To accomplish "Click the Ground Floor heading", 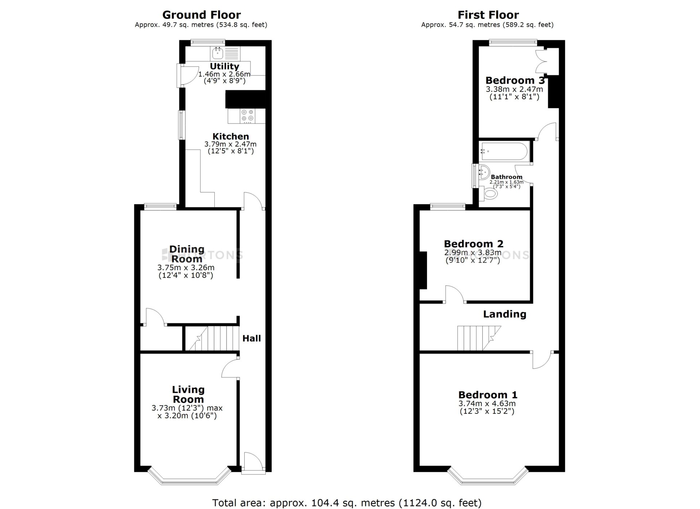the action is tap(201, 15).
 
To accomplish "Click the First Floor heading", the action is tap(488, 15).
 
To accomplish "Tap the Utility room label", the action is tap(224, 66).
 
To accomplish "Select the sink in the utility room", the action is tap(218, 54).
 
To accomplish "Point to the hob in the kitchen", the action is tap(248, 116).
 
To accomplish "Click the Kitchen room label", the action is tap(231, 136).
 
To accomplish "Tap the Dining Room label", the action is tap(187, 254).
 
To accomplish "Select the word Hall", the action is tap(252, 338).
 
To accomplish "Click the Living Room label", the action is tap(188, 394).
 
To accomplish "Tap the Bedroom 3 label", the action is tap(515, 80).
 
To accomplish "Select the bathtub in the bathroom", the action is tap(503, 151).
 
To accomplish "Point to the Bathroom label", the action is tap(506, 177).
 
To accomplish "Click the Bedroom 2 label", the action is tap(474, 244).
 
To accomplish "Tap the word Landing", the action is tap(505, 314).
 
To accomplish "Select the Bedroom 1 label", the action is tap(488, 395).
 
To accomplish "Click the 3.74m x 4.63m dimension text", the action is tap(487, 404).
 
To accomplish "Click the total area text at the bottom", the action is tap(347, 503).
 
